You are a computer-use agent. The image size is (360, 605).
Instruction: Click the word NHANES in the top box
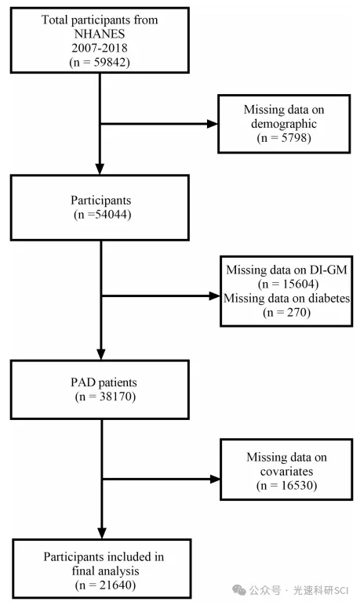(100, 34)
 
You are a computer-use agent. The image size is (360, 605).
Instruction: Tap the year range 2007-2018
(100, 48)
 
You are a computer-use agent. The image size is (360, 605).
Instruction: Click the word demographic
(284, 124)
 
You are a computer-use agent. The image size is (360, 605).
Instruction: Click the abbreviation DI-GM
(329, 270)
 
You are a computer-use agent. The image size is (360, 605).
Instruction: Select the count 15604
(299, 284)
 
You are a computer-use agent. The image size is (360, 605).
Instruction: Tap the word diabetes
(330, 298)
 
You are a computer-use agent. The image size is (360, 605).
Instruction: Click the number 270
(296, 312)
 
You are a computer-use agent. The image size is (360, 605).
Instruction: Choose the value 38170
(115, 397)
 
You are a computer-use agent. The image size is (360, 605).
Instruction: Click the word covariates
(286, 472)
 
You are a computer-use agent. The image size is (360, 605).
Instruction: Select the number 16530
(297, 485)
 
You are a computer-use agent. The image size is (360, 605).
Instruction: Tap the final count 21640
(115, 585)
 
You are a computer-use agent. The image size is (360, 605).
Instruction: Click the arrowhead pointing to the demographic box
(212, 124)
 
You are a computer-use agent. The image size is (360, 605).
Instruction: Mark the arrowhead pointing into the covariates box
(215, 479)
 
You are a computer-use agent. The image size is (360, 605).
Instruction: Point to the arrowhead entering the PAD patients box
(101, 354)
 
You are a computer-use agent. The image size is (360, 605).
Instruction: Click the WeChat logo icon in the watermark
(239, 590)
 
